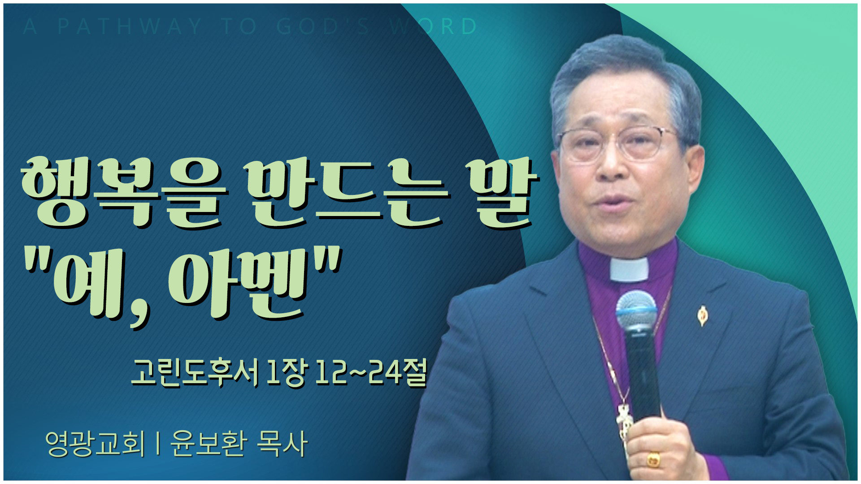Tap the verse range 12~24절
(370, 373)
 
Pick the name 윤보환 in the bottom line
(209, 444)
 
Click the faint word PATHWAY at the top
(130, 27)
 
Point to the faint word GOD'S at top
(322, 27)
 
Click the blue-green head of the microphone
(636, 311)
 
